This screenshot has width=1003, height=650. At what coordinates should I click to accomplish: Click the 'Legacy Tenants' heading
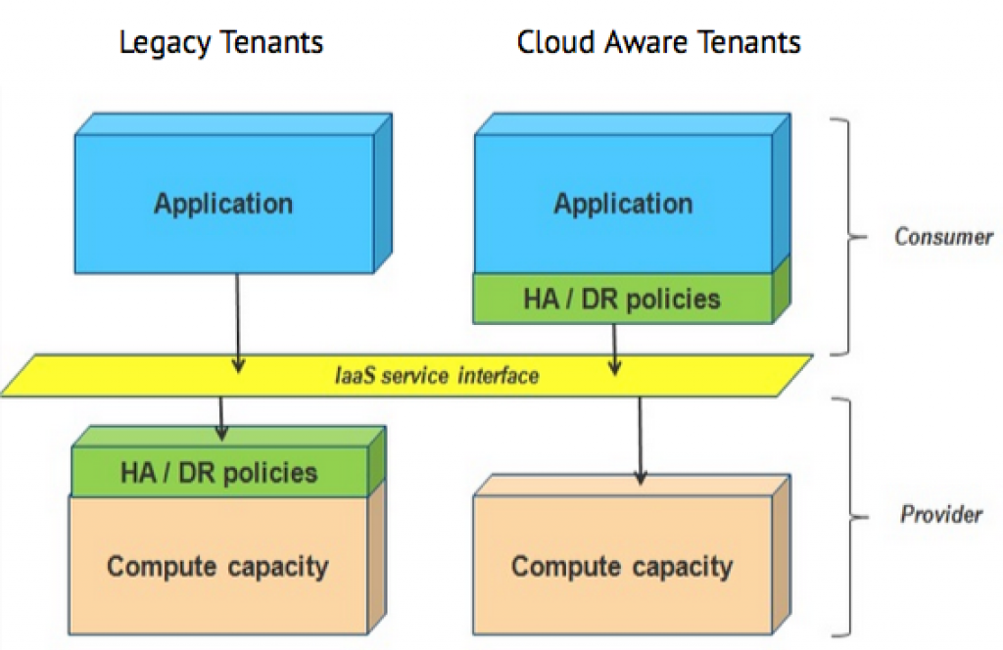pos(221,43)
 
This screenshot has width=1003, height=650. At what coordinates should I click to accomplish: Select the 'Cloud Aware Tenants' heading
pos(659,43)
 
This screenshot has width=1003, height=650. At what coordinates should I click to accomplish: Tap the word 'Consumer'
pos(943,237)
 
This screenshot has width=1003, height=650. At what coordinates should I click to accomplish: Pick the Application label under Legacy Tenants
pos(223,205)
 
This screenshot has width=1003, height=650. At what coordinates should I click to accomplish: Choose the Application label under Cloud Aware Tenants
pos(623,205)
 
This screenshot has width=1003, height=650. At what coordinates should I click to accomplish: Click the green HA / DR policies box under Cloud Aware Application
pos(623,299)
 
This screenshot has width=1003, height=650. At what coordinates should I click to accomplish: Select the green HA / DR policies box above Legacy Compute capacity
pos(219,473)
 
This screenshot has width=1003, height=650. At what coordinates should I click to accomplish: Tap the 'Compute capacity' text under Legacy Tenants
pos(217,566)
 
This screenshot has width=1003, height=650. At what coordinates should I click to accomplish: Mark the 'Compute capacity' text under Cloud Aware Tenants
pos(622,567)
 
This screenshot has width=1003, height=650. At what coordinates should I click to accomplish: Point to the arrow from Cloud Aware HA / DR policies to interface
pos(614,348)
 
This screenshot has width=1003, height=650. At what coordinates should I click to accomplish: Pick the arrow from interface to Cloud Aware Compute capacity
pos(640,441)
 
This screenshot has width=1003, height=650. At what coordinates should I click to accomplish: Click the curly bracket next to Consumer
pos(847,237)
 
